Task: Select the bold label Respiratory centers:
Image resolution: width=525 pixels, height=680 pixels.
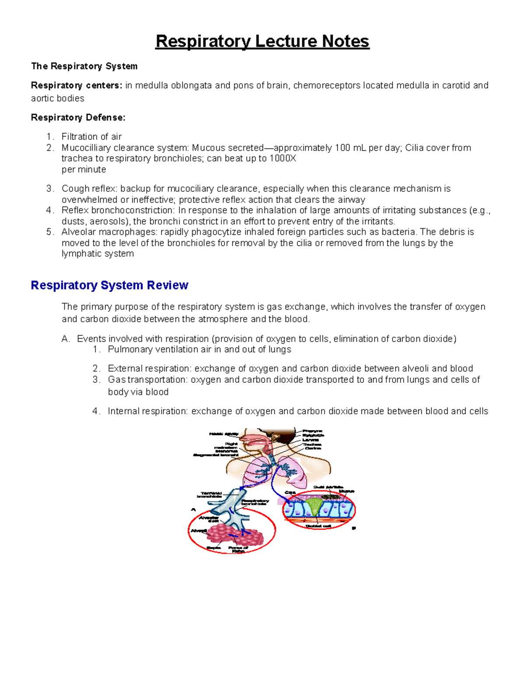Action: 77,85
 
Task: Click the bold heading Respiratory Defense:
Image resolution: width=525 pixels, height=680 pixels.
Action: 78,117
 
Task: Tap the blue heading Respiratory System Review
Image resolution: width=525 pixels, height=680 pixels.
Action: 109,285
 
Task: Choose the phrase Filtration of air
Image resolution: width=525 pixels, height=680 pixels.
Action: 91,137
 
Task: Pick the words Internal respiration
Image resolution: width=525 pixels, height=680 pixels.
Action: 148,411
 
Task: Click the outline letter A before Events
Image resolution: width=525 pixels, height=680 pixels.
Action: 65,339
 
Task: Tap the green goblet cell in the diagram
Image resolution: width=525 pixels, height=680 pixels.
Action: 314,508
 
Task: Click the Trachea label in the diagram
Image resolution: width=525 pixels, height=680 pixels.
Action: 312,444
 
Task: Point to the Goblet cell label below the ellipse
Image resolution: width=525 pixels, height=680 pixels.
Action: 318,526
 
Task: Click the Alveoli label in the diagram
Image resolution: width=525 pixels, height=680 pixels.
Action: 198,531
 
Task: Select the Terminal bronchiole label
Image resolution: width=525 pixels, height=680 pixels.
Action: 210,495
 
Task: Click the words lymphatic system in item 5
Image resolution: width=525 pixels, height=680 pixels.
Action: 98,254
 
